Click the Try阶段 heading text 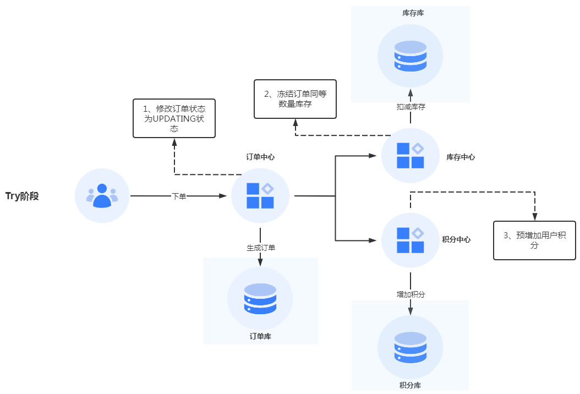pyautogui.click(x=22, y=196)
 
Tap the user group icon pyautogui.click(x=102, y=196)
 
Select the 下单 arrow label pyautogui.click(x=179, y=196)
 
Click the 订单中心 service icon pyautogui.click(x=260, y=196)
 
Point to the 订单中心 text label pyautogui.click(x=260, y=157)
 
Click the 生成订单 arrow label pyautogui.click(x=261, y=248)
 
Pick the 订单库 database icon pyautogui.click(x=260, y=299)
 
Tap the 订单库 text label pyautogui.click(x=260, y=336)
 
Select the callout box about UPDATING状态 pyautogui.click(x=174, y=118)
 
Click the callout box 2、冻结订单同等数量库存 pyautogui.click(x=295, y=99)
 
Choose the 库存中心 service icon pyautogui.click(x=411, y=156)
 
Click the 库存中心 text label pyautogui.click(x=461, y=157)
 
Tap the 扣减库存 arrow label pyautogui.click(x=411, y=107)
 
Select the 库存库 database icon pyautogui.click(x=411, y=56)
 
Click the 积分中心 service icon pyautogui.click(x=411, y=240)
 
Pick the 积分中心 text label pyautogui.click(x=456, y=240)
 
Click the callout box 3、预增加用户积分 pyautogui.click(x=534, y=240)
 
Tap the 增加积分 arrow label pyautogui.click(x=411, y=294)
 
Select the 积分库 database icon pyautogui.click(x=411, y=348)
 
